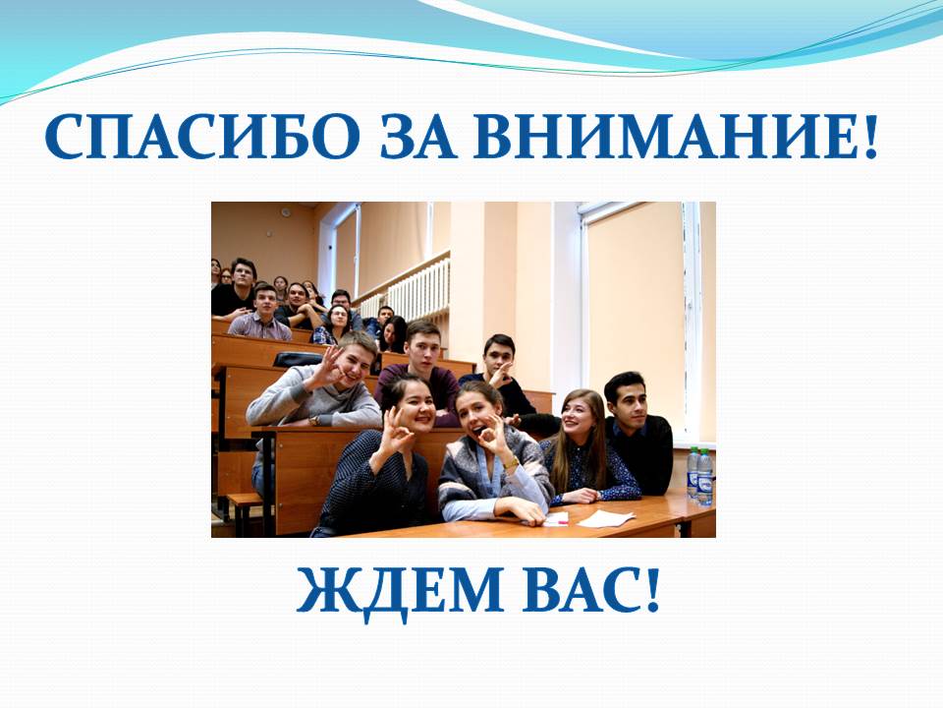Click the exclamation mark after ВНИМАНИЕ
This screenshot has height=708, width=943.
click(x=870, y=137)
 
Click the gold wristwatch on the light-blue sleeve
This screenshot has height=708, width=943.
click(x=511, y=462)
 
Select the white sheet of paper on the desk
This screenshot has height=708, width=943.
click(x=606, y=518)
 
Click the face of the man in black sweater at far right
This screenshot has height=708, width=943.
click(x=629, y=401)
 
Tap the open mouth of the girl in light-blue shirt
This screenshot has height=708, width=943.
click(x=475, y=430)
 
